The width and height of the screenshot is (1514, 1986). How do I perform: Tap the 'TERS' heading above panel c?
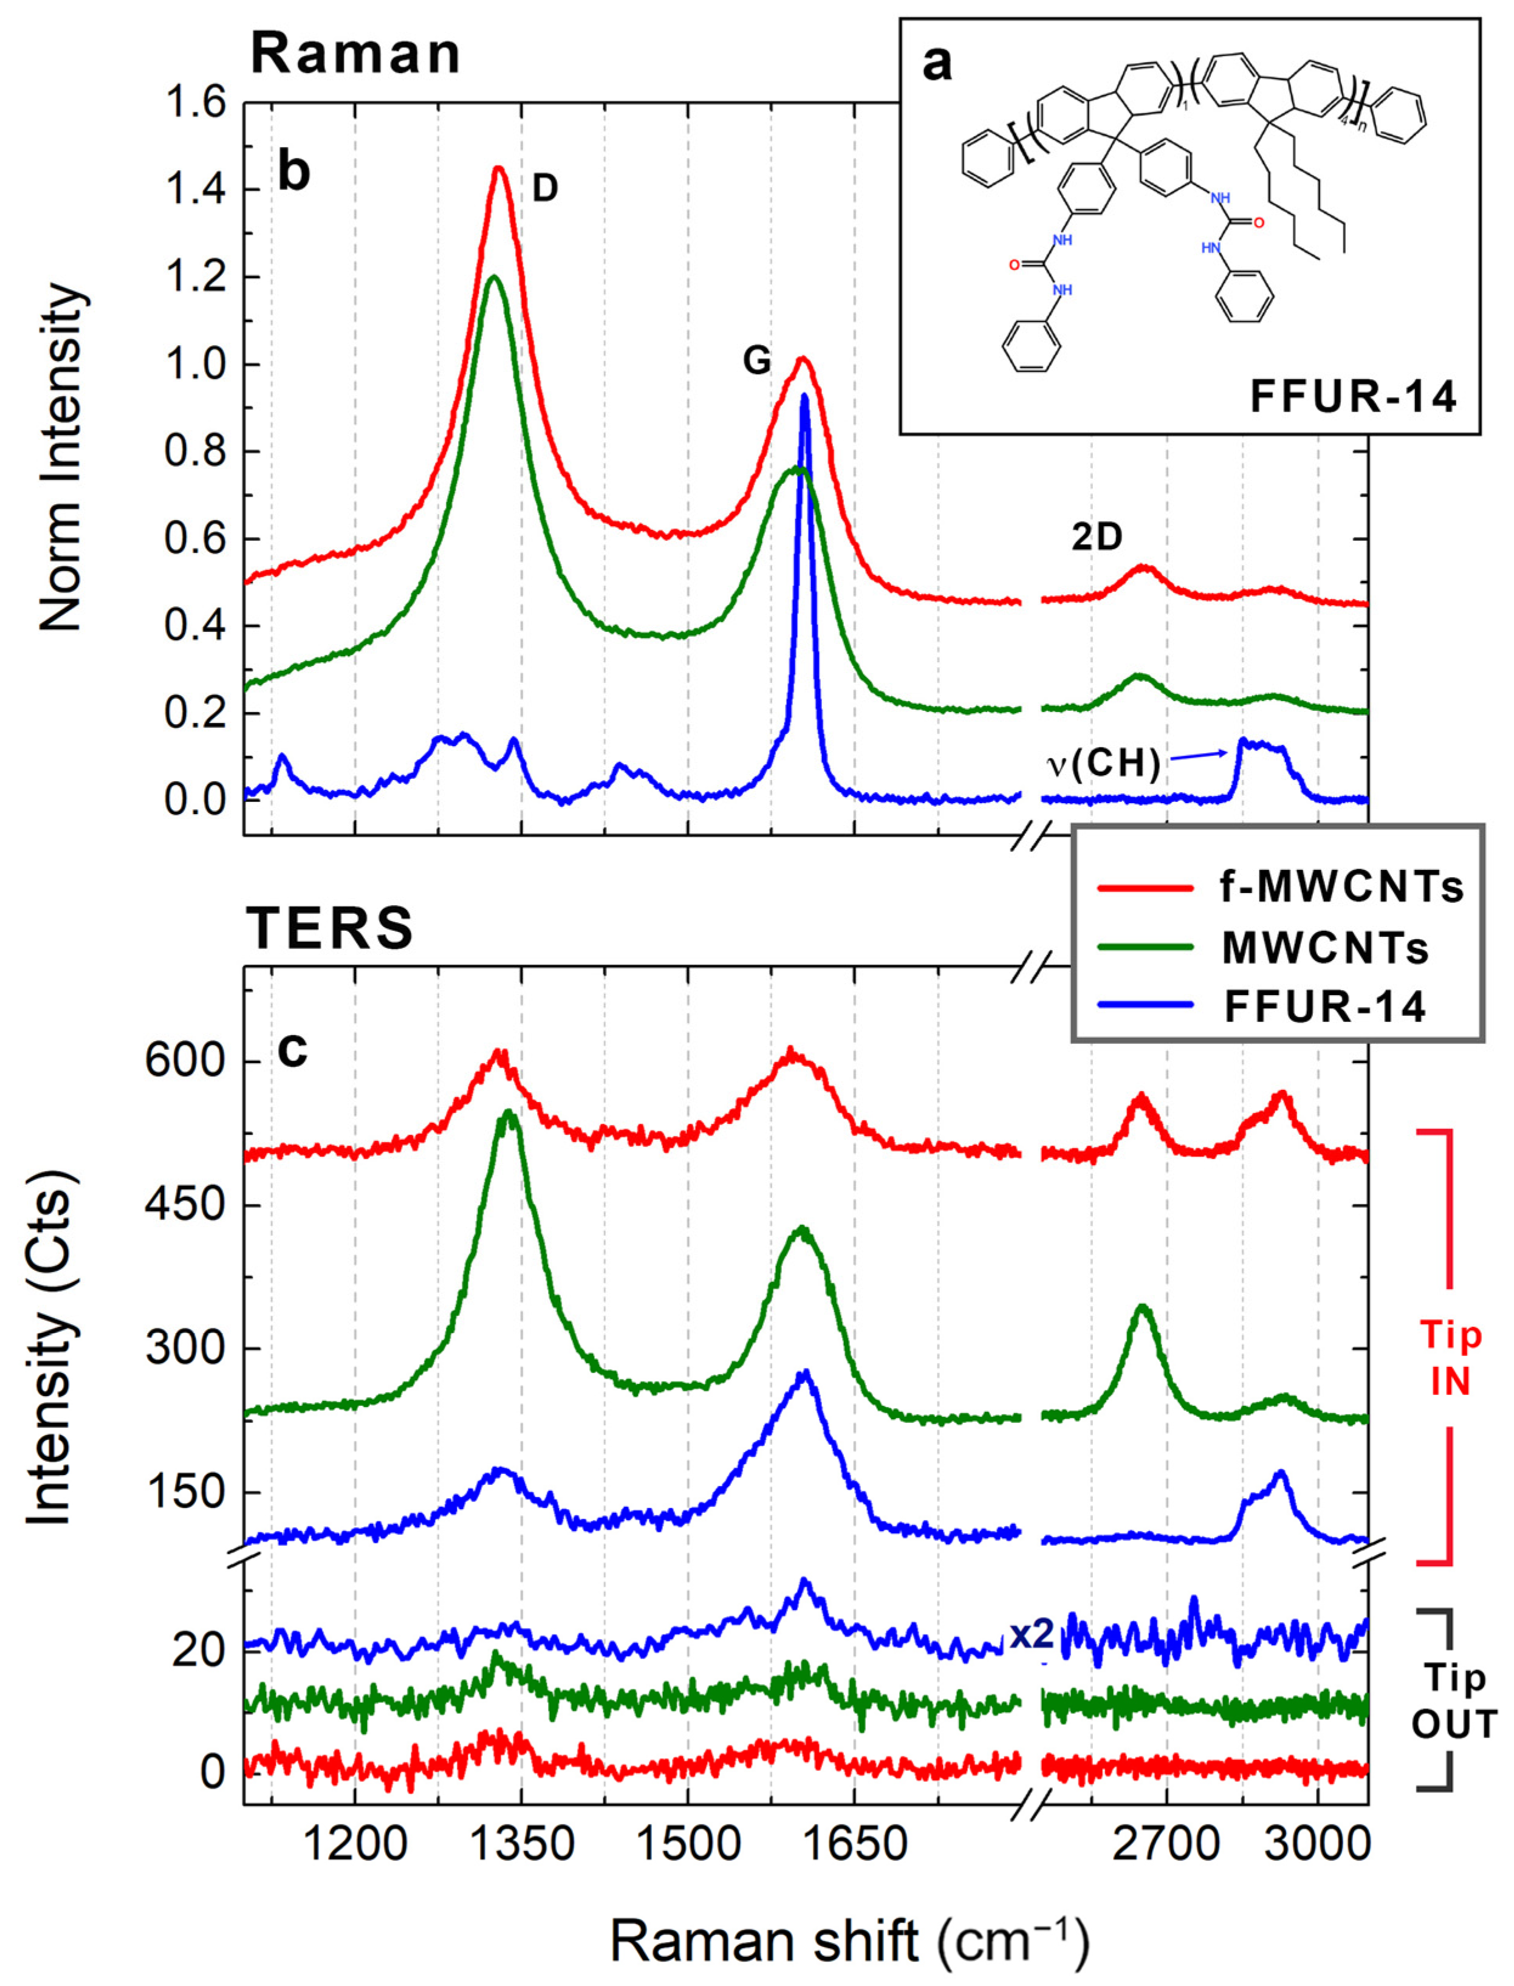[x=330, y=928]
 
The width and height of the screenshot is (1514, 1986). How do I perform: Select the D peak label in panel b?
[x=544, y=188]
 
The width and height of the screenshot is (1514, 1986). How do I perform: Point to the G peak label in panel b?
[x=756, y=360]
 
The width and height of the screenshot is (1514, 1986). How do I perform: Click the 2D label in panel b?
[x=1097, y=537]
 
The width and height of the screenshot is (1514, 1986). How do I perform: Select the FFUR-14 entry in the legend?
[x=1324, y=1005]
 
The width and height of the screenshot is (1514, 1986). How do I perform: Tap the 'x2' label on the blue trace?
[x=1030, y=1635]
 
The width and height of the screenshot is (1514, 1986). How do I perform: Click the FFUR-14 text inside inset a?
[x=1352, y=397]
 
